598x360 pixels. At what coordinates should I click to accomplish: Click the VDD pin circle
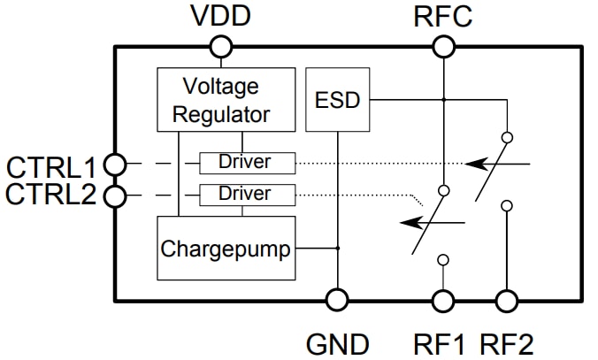click(x=221, y=46)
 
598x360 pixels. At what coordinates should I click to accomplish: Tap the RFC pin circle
click(x=443, y=46)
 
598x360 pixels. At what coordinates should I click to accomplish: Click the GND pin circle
click(x=337, y=301)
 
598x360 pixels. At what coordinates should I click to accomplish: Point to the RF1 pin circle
click(x=443, y=301)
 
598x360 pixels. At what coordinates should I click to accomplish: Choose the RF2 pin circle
click(x=507, y=301)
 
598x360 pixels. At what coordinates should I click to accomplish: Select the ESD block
click(x=338, y=100)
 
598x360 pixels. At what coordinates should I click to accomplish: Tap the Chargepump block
click(x=226, y=249)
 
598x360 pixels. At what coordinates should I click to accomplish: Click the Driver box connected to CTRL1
click(x=246, y=163)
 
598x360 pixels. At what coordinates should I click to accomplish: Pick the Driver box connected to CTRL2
click(x=246, y=194)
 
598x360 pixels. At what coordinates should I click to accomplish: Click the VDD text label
click(x=221, y=16)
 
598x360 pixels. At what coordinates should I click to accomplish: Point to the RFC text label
click(x=443, y=16)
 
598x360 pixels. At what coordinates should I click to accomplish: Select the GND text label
click(x=337, y=343)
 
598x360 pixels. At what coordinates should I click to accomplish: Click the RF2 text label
click(x=507, y=343)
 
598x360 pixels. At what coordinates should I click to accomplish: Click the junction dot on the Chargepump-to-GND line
click(x=337, y=249)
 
